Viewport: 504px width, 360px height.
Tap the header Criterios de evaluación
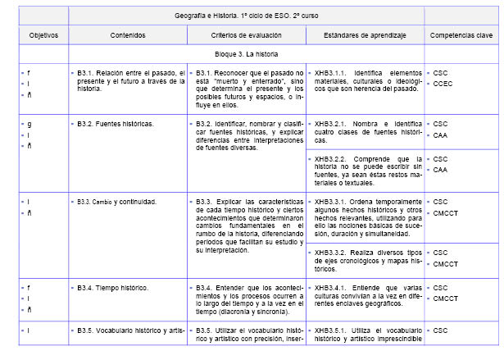pos(246,36)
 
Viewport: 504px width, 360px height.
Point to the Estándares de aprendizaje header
pos(364,36)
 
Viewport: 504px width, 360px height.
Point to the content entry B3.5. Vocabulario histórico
pos(127,330)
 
